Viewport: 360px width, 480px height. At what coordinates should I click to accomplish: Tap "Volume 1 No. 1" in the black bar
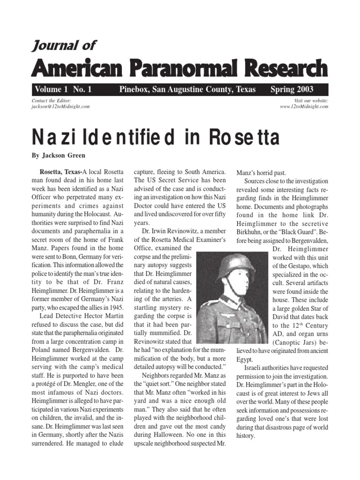(x=62, y=90)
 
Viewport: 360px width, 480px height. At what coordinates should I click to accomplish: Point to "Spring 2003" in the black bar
(x=292, y=90)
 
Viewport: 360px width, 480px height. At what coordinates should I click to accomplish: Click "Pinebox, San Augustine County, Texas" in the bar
(x=187, y=90)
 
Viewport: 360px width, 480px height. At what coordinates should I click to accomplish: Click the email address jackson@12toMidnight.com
(x=60, y=106)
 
